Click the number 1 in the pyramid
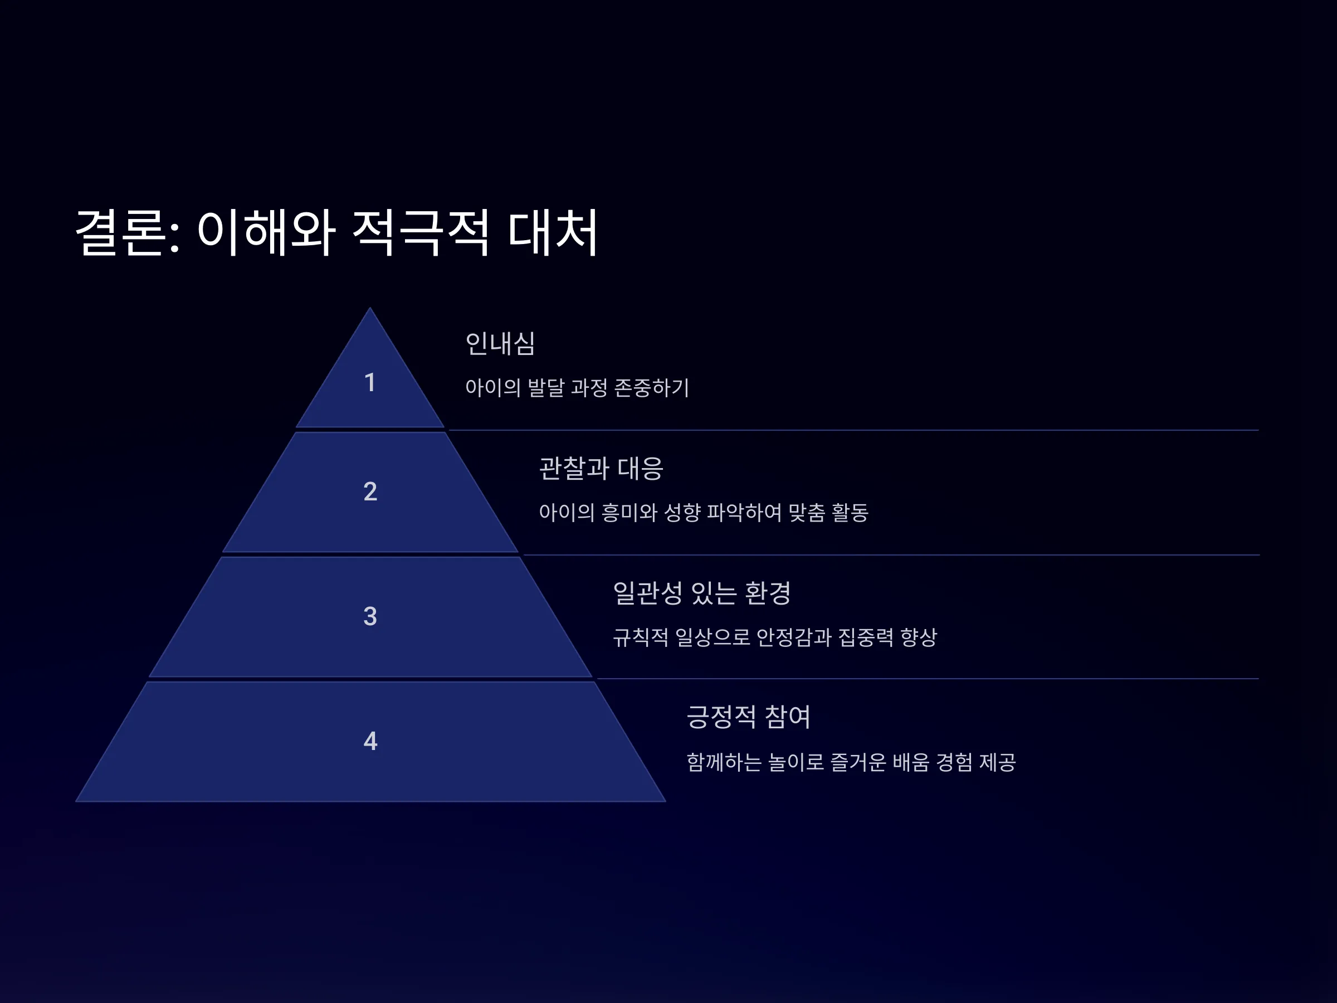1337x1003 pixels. pos(370,382)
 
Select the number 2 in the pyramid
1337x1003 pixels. pos(370,491)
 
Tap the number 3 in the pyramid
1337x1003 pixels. pos(370,616)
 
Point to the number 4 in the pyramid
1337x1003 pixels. pos(370,741)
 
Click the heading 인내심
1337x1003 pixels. pos(500,343)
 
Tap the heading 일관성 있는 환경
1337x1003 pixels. pos(702,592)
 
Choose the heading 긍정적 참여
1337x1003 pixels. pos(748,717)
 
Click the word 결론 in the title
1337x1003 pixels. pos(120,232)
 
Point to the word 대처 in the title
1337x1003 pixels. pos(553,232)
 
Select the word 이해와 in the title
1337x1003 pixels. pos(266,232)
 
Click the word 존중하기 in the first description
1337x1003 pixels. pos(652,387)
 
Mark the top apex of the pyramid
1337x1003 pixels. pos(370,308)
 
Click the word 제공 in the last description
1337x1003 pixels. pos(997,762)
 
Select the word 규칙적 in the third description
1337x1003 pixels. pos(641,636)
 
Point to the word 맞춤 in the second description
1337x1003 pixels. pos(807,512)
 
